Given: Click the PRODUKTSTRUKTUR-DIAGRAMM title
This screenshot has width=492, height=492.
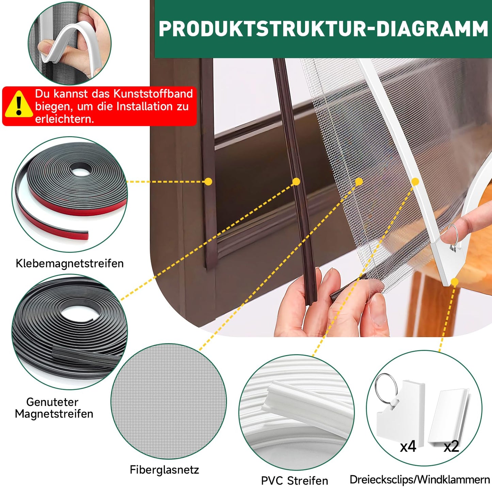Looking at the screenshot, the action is pyautogui.click(x=323, y=29).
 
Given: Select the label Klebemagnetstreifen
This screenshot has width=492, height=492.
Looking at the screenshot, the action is pyautogui.click(x=70, y=263).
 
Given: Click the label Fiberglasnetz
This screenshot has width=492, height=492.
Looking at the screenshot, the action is pyautogui.click(x=164, y=470).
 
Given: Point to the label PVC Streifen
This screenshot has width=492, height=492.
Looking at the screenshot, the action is pyautogui.click(x=295, y=480).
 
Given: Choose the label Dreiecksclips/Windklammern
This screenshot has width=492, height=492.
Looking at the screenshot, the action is pyautogui.click(x=420, y=480).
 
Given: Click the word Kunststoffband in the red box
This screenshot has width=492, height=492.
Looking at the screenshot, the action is pyautogui.click(x=153, y=94).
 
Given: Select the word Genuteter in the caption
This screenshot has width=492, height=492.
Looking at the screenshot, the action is pyautogui.click(x=52, y=402).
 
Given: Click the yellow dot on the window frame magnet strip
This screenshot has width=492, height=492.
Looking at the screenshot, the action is pyautogui.click(x=208, y=181).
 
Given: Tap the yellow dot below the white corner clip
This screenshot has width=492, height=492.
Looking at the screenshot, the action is pyautogui.click(x=455, y=282).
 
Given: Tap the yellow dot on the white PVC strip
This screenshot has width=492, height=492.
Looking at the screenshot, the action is pyautogui.click(x=415, y=181).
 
